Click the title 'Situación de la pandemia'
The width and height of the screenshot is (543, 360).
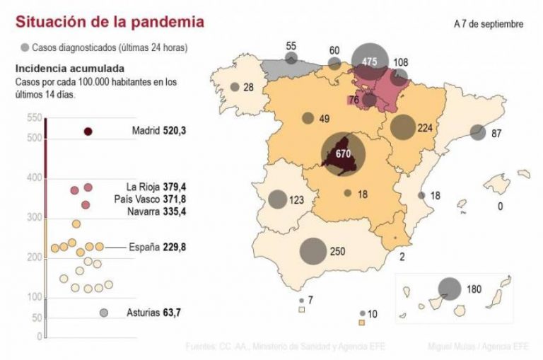pyautogui.click(x=110, y=22)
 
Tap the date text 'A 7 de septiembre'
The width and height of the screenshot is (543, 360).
pyautogui.click(x=489, y=23)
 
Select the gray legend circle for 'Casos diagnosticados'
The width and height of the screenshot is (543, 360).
pyautogui.click(x=25, y=47)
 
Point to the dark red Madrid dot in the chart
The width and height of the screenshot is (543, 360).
pyautogui.click(x=88, y=132)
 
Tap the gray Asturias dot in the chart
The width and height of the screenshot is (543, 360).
pyautogui.click(x=104, y=313)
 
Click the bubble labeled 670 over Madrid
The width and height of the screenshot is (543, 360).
pyautogui.click(x=344, y=153)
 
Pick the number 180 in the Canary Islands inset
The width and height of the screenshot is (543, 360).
pyautogui.click(x=474, y=289)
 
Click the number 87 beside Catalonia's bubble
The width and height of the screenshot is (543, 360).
pyautogui.click(x=496, y=133)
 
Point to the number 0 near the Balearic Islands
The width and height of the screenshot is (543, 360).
pyautogui.click(x=500, y=207)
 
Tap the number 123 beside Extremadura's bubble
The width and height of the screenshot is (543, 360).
pyautogui.click(x=297, y=200)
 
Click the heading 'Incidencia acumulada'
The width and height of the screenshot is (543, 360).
pyautogui.click(x=70, y=69)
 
